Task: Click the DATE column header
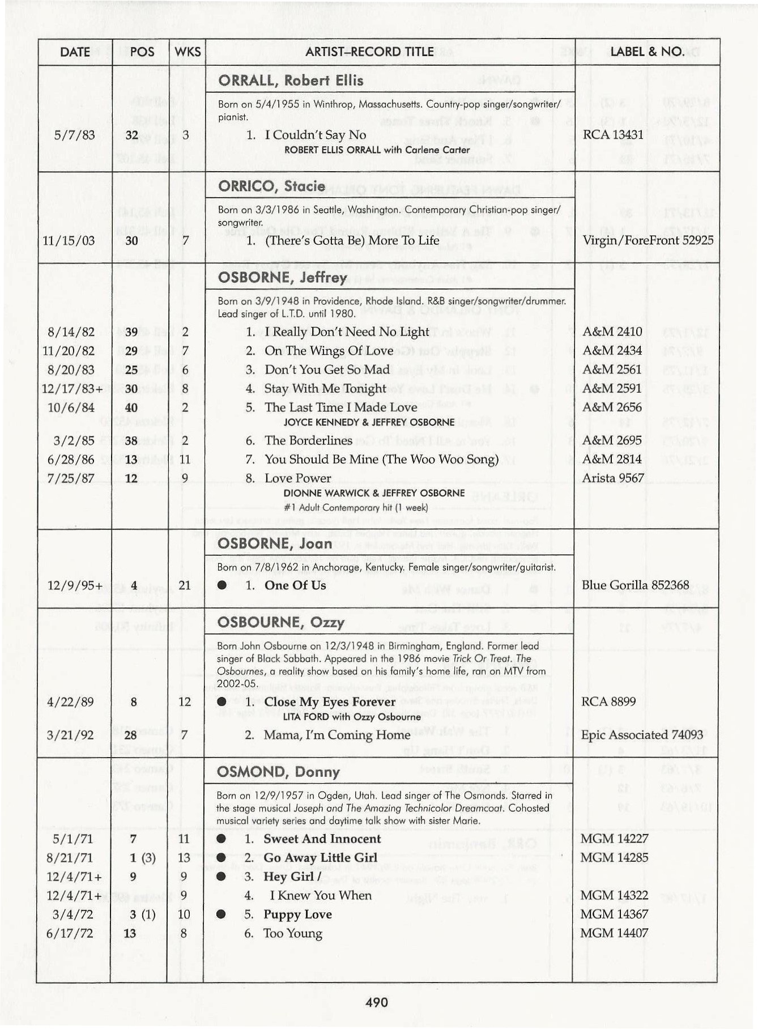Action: pyautogui.click(x=75, y=52)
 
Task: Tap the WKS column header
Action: pyautogui.click(x=188, y=52)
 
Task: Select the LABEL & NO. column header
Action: pyautogui.click(x=646, y=52)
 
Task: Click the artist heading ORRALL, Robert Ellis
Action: pyautogui.click(x=291, y=80)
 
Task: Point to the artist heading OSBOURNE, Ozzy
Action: pyautogui.click(x=280, y=622)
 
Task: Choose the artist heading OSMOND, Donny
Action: pyautogui.click(x=278, y=772)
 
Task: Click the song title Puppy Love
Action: pyautogui.click(x=297, y=915)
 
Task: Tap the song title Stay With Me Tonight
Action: pyautogui.click(x=325, y=389)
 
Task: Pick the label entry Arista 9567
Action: pyautogui.click(x=612, y=478)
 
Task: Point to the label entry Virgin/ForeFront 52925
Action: pyautogui.click(x=648, y=240)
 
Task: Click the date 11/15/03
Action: pyautogui.click(x=69, y=241)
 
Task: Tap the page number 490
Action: pyautogui.click(x=377, y=1002)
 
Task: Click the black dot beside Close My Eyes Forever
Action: pyautogui.click(x=222, y=702)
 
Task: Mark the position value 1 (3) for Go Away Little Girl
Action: pyautogui.click(x=142, y=858)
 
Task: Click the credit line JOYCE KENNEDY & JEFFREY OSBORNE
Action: pyautogui.click(x=369, y=422)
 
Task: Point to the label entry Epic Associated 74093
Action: pyautogui.click(x=641, y=735)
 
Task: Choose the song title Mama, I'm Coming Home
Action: pyautogui.click(x=337, y=735)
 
